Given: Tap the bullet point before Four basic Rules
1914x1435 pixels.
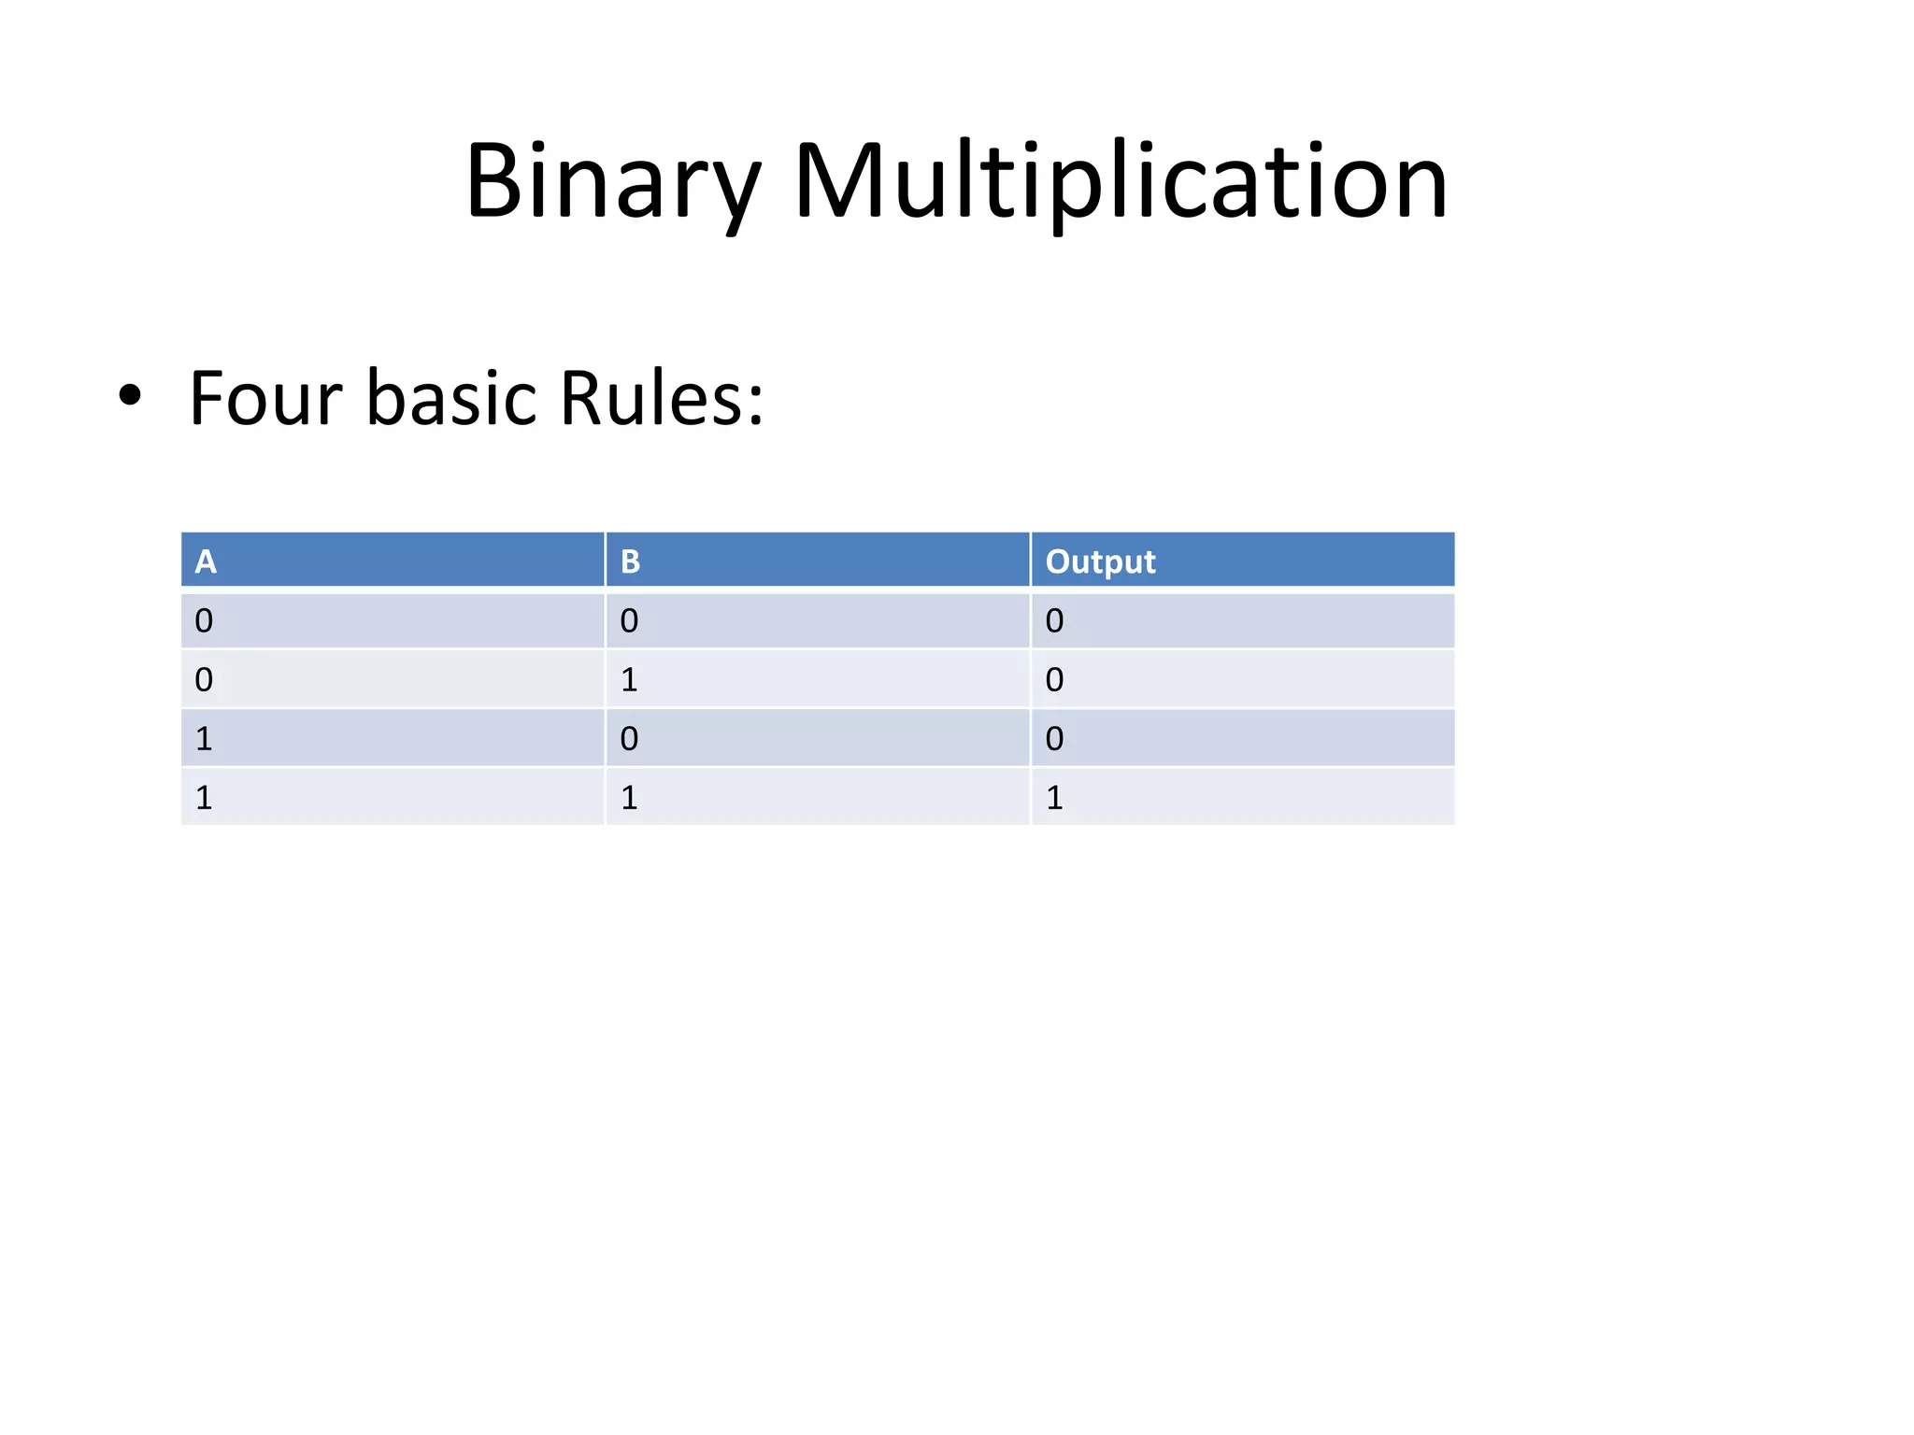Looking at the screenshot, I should point(130,396).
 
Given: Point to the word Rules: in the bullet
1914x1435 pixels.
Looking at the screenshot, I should point(662,399).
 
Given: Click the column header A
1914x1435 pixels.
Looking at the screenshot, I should point(206,561).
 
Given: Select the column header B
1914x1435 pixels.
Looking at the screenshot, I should point(630,561).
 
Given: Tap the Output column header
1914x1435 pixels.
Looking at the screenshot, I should point(1100,561).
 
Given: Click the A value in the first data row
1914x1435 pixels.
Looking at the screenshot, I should point(204,621).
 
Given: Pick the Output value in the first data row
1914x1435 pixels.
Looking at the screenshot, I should point(1054,621).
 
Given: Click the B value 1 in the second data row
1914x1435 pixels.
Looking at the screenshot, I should point(629,680).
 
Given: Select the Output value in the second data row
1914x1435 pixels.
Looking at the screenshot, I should point(1054,680).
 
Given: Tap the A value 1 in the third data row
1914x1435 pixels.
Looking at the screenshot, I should point(204,739).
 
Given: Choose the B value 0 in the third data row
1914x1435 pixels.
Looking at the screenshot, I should point(629,739).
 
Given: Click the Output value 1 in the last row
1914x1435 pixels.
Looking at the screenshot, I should point(1054,798).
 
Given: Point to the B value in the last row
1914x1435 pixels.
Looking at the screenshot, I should point(629,798).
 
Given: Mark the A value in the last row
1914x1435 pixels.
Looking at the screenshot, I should point(204,798).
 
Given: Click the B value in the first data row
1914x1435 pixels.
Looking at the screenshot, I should point(629,621).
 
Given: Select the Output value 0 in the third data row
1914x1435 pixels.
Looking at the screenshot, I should point(1054,739).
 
